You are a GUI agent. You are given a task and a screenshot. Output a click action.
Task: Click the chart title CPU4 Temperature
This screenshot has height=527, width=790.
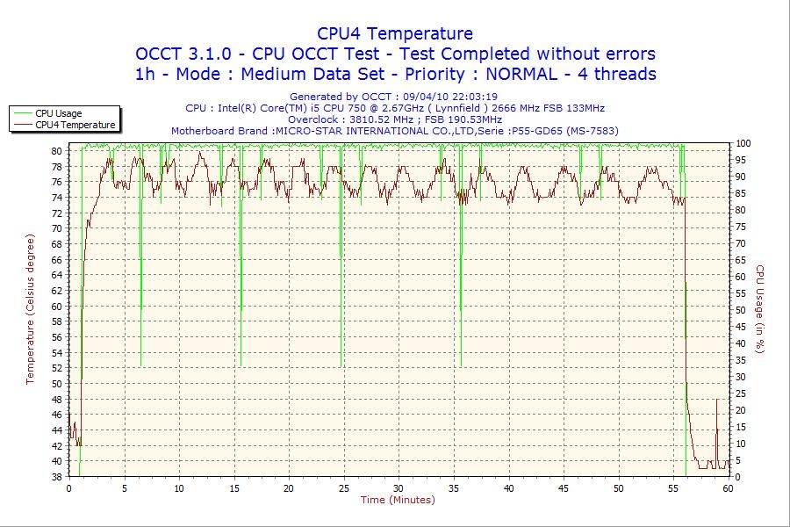point(395,33)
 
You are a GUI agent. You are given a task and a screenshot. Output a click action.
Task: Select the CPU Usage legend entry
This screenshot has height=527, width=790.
point(58,113)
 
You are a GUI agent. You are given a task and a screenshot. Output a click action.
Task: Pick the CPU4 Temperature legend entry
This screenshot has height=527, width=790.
point(75,125)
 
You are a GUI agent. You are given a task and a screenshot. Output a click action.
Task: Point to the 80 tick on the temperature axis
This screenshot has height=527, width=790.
point(55,151)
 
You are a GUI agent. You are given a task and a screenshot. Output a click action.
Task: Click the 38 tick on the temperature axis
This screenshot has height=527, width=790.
point(55,477)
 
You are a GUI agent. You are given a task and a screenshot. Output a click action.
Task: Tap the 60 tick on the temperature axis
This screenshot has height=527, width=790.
point(55,307)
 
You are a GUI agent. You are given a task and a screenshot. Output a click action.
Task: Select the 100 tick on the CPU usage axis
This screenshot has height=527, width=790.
point(743,143)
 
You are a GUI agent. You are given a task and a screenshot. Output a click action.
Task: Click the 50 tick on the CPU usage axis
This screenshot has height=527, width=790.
point(741,310)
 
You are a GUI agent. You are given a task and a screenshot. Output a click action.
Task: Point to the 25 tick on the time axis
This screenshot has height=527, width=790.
point(343,488)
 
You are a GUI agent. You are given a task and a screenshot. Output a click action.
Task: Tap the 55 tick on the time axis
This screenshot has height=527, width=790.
point(673,488)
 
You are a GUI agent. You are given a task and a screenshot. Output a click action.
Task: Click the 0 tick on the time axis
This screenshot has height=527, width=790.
point(68,488)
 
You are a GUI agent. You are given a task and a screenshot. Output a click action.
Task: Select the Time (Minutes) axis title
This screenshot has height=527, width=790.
point(398,500)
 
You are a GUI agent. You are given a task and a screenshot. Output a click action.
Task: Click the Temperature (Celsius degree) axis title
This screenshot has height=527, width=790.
point(30,309)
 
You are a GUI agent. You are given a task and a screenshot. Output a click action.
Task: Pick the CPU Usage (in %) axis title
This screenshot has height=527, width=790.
point(760,309)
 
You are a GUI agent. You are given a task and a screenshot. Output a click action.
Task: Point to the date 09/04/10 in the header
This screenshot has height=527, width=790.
point(425,97)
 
